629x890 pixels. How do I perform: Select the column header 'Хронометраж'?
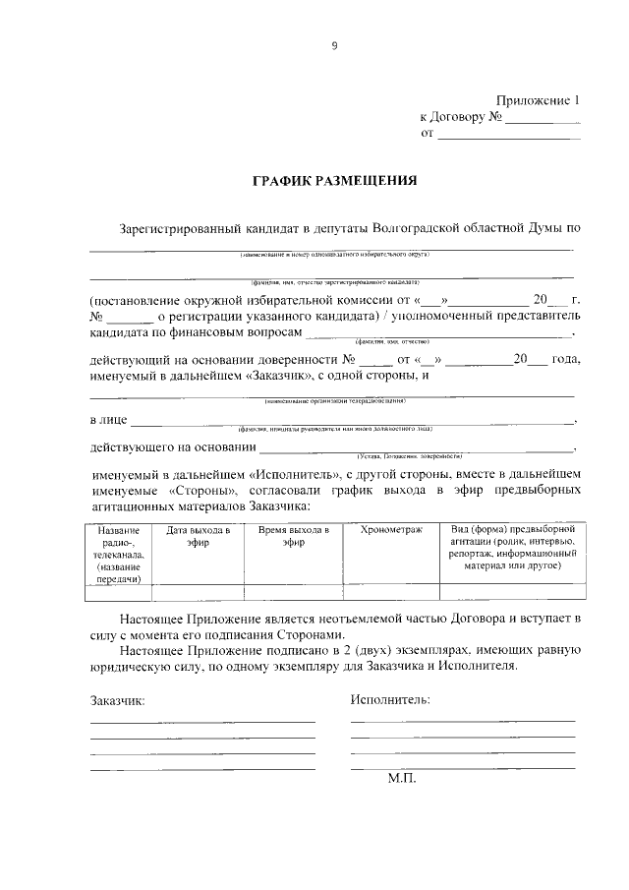point(391,530)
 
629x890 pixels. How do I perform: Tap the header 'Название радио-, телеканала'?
point(118,555)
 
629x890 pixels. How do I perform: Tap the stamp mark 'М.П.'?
point(402,777)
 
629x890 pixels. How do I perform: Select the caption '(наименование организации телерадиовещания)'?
point(334,401)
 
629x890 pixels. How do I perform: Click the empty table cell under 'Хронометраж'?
point(391,592)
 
